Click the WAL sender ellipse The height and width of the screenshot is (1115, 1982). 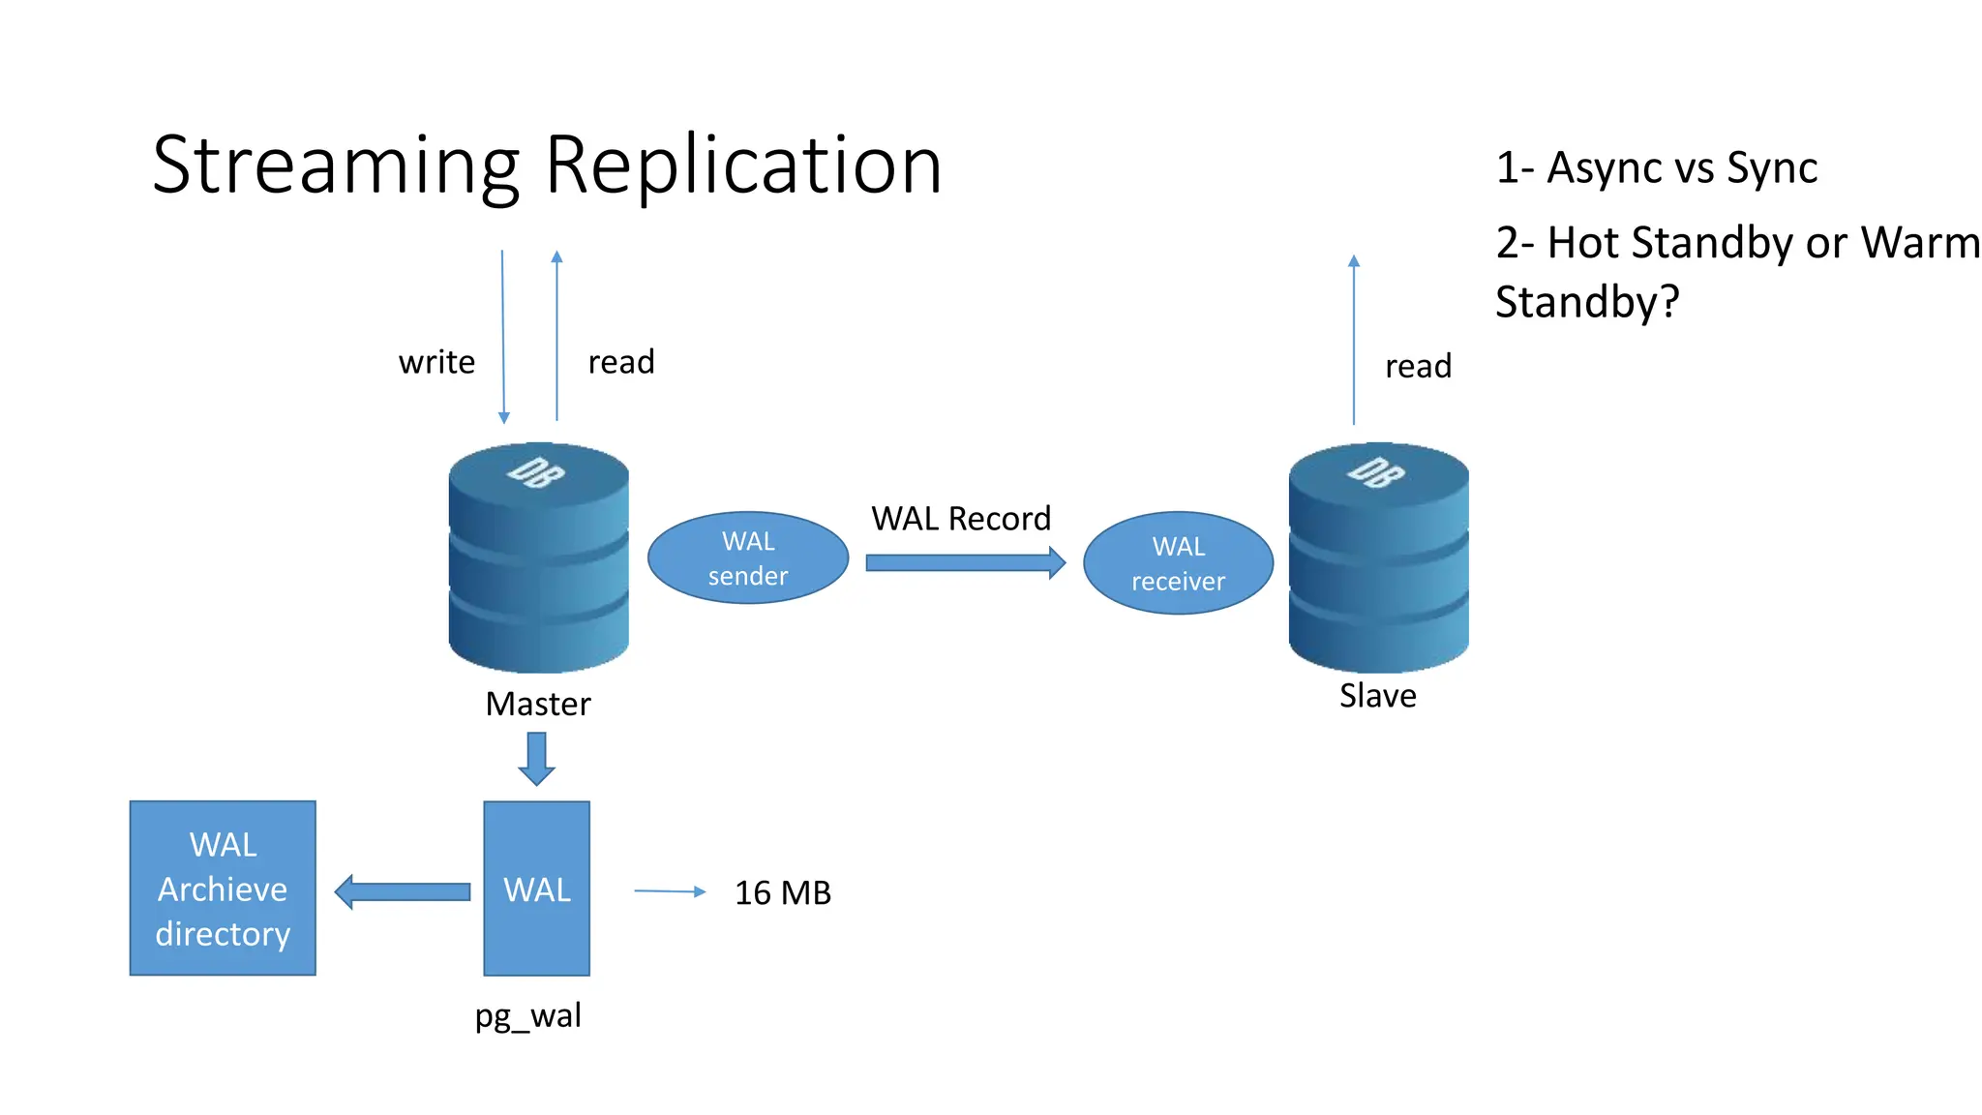pyautogui.click(x=747, y=557)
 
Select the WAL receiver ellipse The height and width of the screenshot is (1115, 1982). pyautogui.click(x=1178, y=563)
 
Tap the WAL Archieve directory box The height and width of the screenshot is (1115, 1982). pyautogui.click(x=223, y=888)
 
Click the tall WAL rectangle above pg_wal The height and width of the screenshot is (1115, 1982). pyautogui.click(x=536, y=889)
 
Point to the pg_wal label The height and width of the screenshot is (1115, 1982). pyautogui.click(x=527, y=1016)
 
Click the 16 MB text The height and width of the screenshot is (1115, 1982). pyautogui.click(x=782, y=892)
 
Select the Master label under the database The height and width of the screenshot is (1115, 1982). pyautogui.click(x=537, y=704)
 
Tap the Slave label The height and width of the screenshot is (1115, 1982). pyautogui.click(x=1377, y=696)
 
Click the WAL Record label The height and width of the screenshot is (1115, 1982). pyautogui.click(x=960, y=519)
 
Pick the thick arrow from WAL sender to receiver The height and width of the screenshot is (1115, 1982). pyautogui.click(x=964, y=562)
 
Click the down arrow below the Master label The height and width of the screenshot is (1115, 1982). pyautogui.click(x=536, y=758)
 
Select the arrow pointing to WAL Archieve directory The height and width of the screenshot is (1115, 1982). pyautogui.click(x=402, y=891)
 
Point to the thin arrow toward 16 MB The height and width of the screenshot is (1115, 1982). pyautogui.click(x=670, y=891)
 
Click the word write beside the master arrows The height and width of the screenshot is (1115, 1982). pyautogui.click(x=436, y=362)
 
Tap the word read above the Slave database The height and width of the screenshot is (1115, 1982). pyautogui.click(x=1418, y=366)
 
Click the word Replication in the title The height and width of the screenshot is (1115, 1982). pyautogui.click(x=743, y=165)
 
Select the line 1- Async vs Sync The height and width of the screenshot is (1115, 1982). pyautogui.click(x=1656, y=167)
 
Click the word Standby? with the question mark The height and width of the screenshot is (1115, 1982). pyautogui.click(x=1586, y=302)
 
